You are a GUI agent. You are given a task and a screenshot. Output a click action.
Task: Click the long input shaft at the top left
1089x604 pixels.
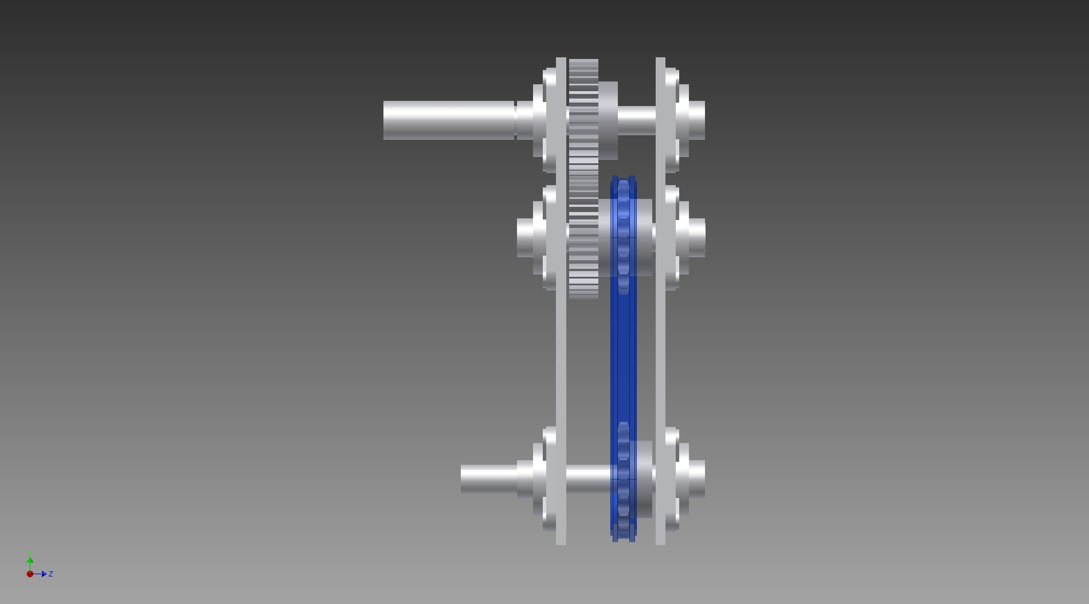tap(449, 120)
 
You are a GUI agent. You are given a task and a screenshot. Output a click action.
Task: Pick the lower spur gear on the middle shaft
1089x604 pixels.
tap(583, 238)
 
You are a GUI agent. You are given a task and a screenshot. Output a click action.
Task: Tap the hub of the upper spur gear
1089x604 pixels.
tap(608, 120)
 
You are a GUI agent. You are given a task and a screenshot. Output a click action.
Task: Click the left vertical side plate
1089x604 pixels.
tap(561, 301)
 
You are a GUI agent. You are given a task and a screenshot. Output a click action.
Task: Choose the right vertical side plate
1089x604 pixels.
tap(660, 301)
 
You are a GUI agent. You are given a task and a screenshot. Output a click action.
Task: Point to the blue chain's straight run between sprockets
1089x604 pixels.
tap(624, 358)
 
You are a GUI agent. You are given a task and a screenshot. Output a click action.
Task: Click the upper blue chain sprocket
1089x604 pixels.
tap(624, 236)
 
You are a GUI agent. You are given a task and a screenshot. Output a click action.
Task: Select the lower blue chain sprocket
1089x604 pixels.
tap(624, 480)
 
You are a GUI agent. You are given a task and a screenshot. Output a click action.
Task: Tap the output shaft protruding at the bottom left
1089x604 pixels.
tap(489, 479)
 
